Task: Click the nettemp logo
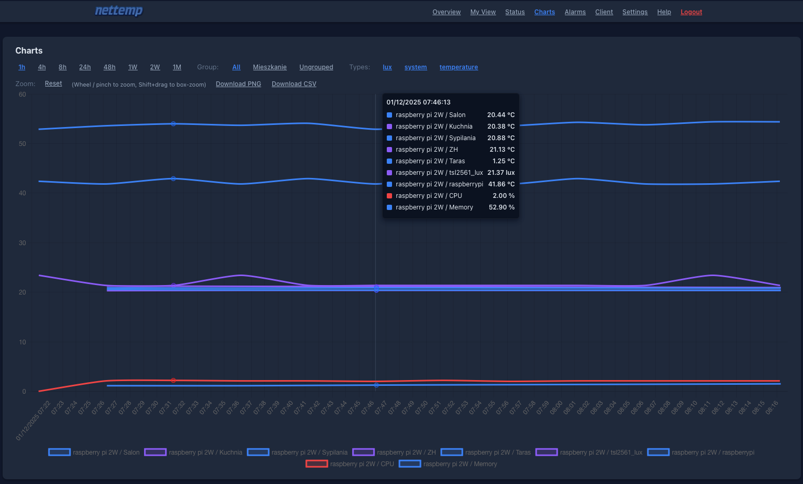pyautogui.click(x=119, y=11)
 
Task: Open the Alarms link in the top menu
pyautogui.click(x=575, y=12)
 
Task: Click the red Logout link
pyautogui.click(x=691, y=12)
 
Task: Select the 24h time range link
pyautogui.click(x=85, y=67)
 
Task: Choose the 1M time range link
pyautogui.click(x=177, y=67)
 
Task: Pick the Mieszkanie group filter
pyautogui.click(x=270, y=67)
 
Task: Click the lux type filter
pyautogui.click(x=387, y=67)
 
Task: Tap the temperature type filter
pyautogui.click(x=458, y=67)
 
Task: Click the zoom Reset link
pyautogui.click(x=53, y=83)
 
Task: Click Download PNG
pyautogui.click(x=238, y=84)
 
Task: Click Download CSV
pyautogui.click(x=294, y=84)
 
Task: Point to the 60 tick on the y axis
pyautogui.click(x=22, y=94)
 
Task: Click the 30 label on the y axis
pyautogui.click(x=22, y=243)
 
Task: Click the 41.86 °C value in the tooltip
pyautogui.click(x=501, y=184)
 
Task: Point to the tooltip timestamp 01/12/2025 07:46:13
pyautogui.click(x=418, y=102)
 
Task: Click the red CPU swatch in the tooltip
pyautogui.click(x=389, y=196)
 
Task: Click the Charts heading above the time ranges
pyautogui.click(x=29, y=51)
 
